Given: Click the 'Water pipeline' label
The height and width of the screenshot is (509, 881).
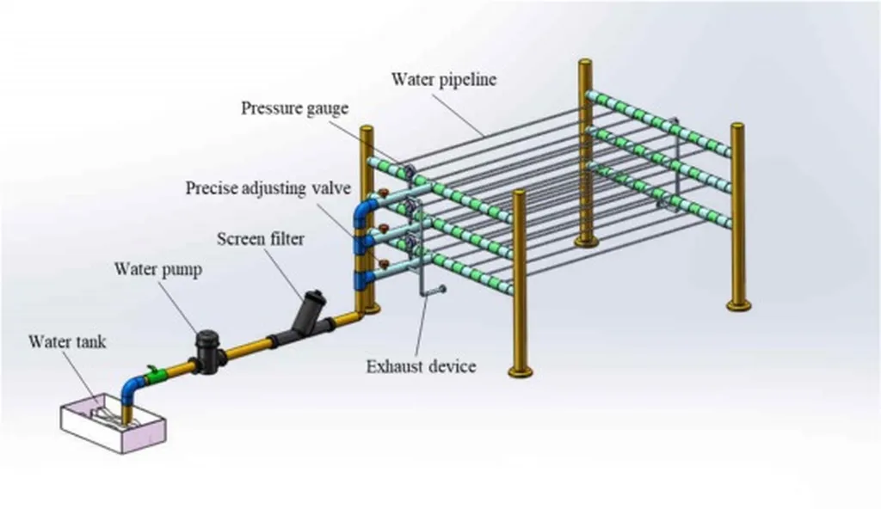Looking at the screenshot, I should (444, 80).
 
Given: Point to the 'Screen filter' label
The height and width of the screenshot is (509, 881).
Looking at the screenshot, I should (260, 239).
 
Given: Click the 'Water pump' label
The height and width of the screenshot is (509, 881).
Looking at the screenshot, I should (158, 269).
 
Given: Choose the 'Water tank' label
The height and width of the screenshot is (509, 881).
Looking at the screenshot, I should (67, 341).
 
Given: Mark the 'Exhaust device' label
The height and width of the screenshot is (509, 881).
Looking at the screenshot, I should (421, 367).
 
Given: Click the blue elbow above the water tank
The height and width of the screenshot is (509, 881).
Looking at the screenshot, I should (132, 383).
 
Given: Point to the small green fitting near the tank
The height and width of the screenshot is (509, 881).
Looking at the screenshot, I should (156, 374).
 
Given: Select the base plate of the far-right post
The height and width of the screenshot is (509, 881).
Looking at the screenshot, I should (738, 304).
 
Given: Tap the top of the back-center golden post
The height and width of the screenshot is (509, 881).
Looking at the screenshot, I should (585, 64).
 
